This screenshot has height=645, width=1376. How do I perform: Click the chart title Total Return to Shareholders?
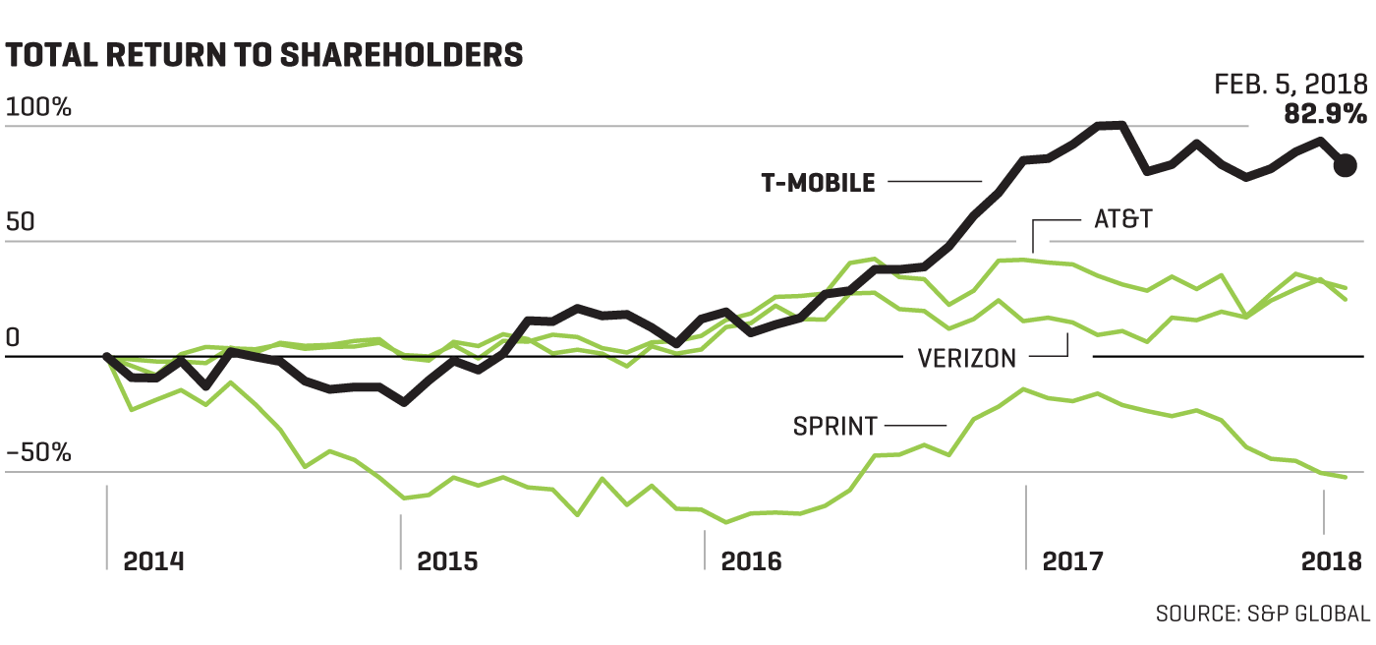(x=263, y=55)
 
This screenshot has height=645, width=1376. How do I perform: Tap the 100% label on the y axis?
(x=39, y=108)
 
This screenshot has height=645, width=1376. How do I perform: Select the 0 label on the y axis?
(x=14, y=338)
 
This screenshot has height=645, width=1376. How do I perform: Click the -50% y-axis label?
(x=39, y=453)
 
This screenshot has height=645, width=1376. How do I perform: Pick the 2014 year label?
(x=152, y=561)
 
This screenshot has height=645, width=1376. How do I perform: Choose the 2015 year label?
(x=447, y=561)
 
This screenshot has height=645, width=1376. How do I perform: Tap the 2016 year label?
(x=752, y=561)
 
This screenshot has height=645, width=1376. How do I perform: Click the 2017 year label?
(x=1072, y=561)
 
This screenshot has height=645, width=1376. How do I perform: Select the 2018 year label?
(x=1332, y=561)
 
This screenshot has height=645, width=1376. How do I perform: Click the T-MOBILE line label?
(x=818, y=183)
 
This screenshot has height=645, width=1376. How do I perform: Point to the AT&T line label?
(x=1122, y=220)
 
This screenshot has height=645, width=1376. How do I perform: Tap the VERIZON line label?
(x=967, y=359)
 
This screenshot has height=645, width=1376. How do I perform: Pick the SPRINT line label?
(x=834, y=427)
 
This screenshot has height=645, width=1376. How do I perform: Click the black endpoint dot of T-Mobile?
(x=1346, y=164)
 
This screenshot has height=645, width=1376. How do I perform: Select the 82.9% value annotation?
(x=1325, y=115)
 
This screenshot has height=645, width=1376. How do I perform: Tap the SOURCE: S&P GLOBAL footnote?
(x=1262, y=614)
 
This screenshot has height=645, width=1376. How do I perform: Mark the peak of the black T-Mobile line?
(x=1111, y=125)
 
